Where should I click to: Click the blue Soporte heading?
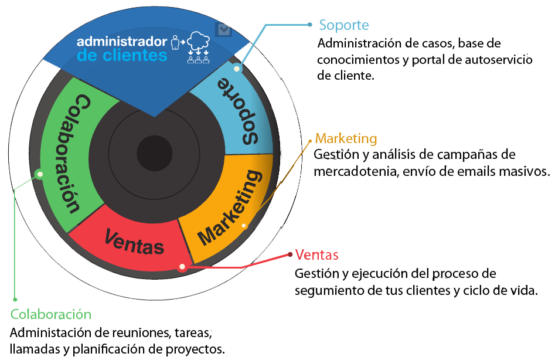tap(343, 25)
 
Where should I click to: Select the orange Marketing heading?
tap(346, 138)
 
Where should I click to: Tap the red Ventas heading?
tap(317, 255)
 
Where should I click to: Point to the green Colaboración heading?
tap(51, 314)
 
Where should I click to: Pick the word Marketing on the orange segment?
tap(230, 208)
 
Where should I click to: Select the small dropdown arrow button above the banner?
tap(223, 29)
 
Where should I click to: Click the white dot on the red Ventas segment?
tap(182, 267)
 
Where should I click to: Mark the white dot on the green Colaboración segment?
tap(39, 174)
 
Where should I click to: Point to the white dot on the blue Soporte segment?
tap(237, 69)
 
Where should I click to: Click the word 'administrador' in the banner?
tap(122, 42)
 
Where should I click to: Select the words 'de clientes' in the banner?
tap(122, 56)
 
